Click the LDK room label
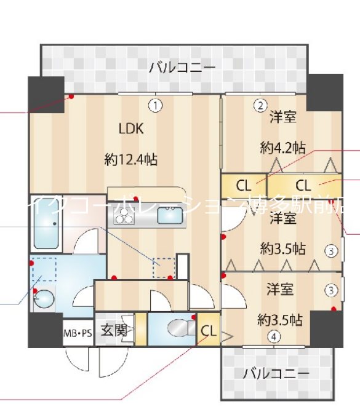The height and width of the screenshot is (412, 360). click(x=131, y=129)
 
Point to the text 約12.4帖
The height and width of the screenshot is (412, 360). click(x=130, y=160)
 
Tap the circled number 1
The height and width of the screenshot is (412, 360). click(x=158, y=105)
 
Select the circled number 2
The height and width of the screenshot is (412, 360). click(x=260, y=105)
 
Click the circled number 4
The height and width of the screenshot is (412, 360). click(x=274, y=336)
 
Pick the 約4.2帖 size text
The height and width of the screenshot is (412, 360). click(x=282, y=148)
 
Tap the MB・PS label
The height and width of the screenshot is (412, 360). click(x=78, y=333)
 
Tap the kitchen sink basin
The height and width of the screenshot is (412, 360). click(x=168, y=215)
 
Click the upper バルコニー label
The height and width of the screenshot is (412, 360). click(x=182, y=67)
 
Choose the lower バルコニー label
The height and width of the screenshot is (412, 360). click(x=276, y=373)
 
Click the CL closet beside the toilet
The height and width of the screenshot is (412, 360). click(x=209, y=331)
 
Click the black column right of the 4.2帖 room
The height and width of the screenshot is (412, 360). click(x=324, y=92)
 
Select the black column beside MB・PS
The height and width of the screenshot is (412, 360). click(x=46, y=331)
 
